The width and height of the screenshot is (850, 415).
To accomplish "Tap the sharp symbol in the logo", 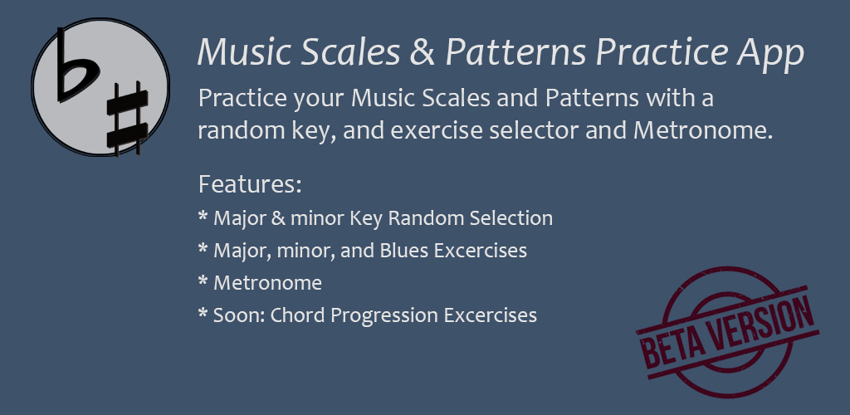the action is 127,120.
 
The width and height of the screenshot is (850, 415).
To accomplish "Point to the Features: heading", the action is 250,184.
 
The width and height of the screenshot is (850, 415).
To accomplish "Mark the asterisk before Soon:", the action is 203,313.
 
